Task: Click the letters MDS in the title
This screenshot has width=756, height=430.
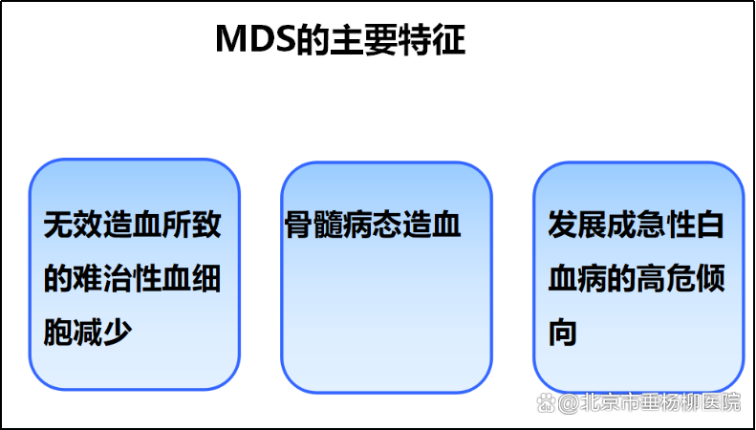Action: (x=255, y=39)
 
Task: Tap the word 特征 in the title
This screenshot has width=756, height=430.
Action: (x=437, y=39)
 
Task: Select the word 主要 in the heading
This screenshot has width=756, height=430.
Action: (x=377, y=39)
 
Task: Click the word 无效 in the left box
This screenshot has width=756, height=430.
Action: (x=74, y=225)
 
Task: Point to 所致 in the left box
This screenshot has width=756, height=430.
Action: (x=192, y=225)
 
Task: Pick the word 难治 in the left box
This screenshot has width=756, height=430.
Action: (x=102, y=279)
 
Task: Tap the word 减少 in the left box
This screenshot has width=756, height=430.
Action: (x=102, y=332)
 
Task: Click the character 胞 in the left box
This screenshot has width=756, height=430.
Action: (x=58, y=332)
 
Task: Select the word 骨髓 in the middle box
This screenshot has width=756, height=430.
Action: (x=313, y=225)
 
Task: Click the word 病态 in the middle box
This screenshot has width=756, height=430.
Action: (x=373, y=225)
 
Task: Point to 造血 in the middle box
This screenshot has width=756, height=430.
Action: (x=431, y=225)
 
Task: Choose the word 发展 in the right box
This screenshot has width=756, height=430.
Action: (x=577, y=225)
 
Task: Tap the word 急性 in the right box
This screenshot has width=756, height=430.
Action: (x=665, y=225)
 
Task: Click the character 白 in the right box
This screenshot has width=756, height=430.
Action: (x=710, y=225)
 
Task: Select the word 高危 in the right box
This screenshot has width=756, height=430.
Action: (x=665, y=279)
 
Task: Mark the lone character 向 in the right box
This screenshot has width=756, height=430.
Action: (x=563, y=332)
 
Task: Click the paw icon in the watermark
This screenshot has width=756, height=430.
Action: (x=547, y=402)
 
